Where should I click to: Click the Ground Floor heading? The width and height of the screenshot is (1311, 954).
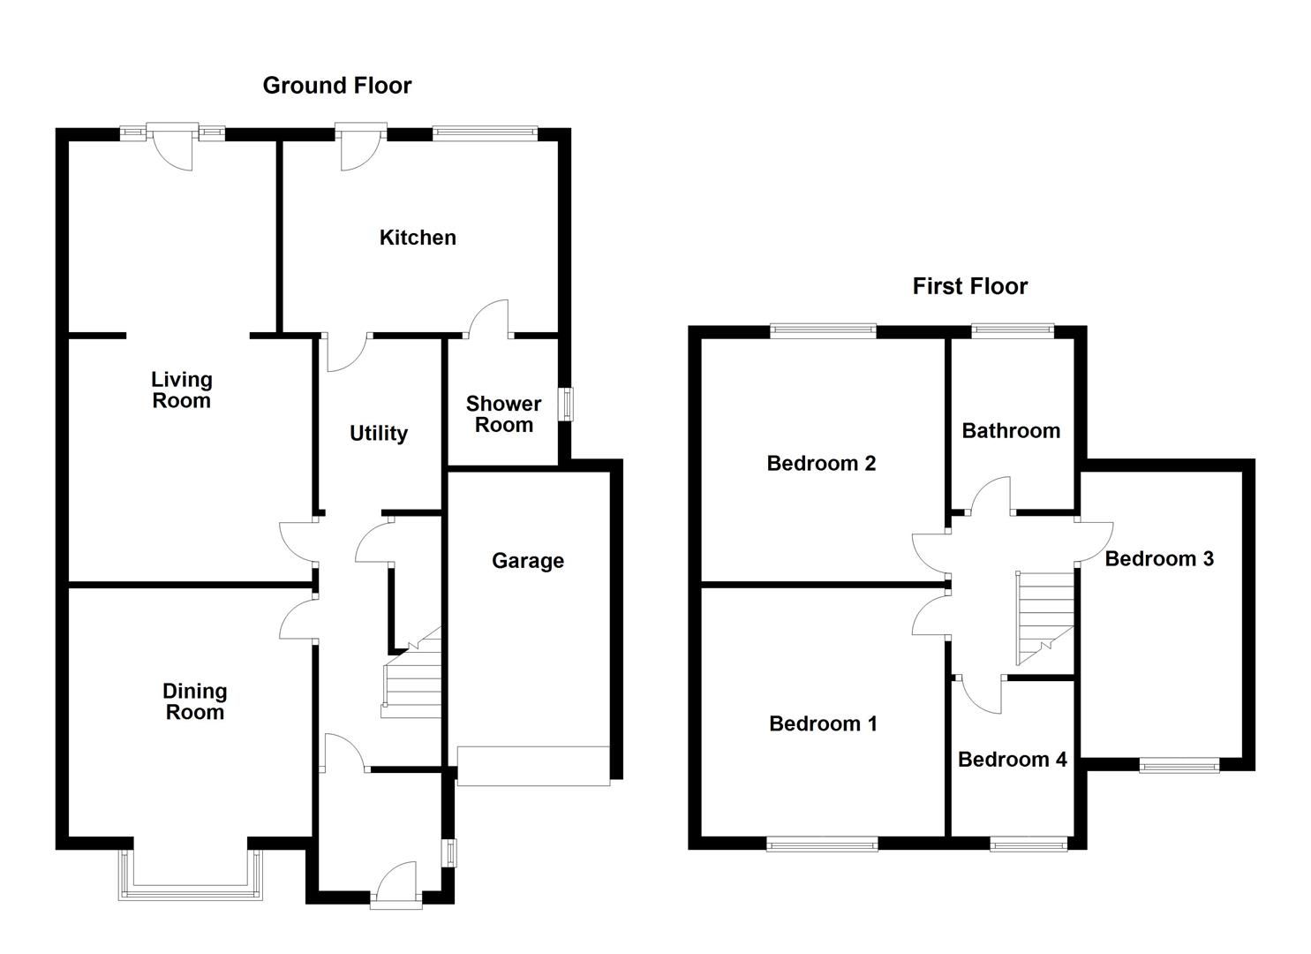336,86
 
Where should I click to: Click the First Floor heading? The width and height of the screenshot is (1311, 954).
969,286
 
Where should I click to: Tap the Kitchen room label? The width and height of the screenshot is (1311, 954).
418,238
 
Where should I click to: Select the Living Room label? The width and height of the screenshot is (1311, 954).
181,390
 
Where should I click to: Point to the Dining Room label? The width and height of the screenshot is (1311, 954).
194,701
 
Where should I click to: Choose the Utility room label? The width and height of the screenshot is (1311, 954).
378,434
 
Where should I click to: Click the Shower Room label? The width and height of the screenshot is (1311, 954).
503,414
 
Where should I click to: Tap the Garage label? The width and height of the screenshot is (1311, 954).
527,561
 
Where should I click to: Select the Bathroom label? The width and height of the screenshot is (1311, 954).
1011,431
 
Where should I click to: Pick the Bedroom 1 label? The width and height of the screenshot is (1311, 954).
823,724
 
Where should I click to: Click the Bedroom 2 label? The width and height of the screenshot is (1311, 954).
821,464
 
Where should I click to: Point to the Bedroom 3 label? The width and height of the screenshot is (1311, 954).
1158,559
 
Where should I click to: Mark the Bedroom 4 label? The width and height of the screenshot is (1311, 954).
1012,760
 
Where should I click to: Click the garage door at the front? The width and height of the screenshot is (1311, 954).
533,766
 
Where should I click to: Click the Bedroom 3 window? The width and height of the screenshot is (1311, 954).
1179,765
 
